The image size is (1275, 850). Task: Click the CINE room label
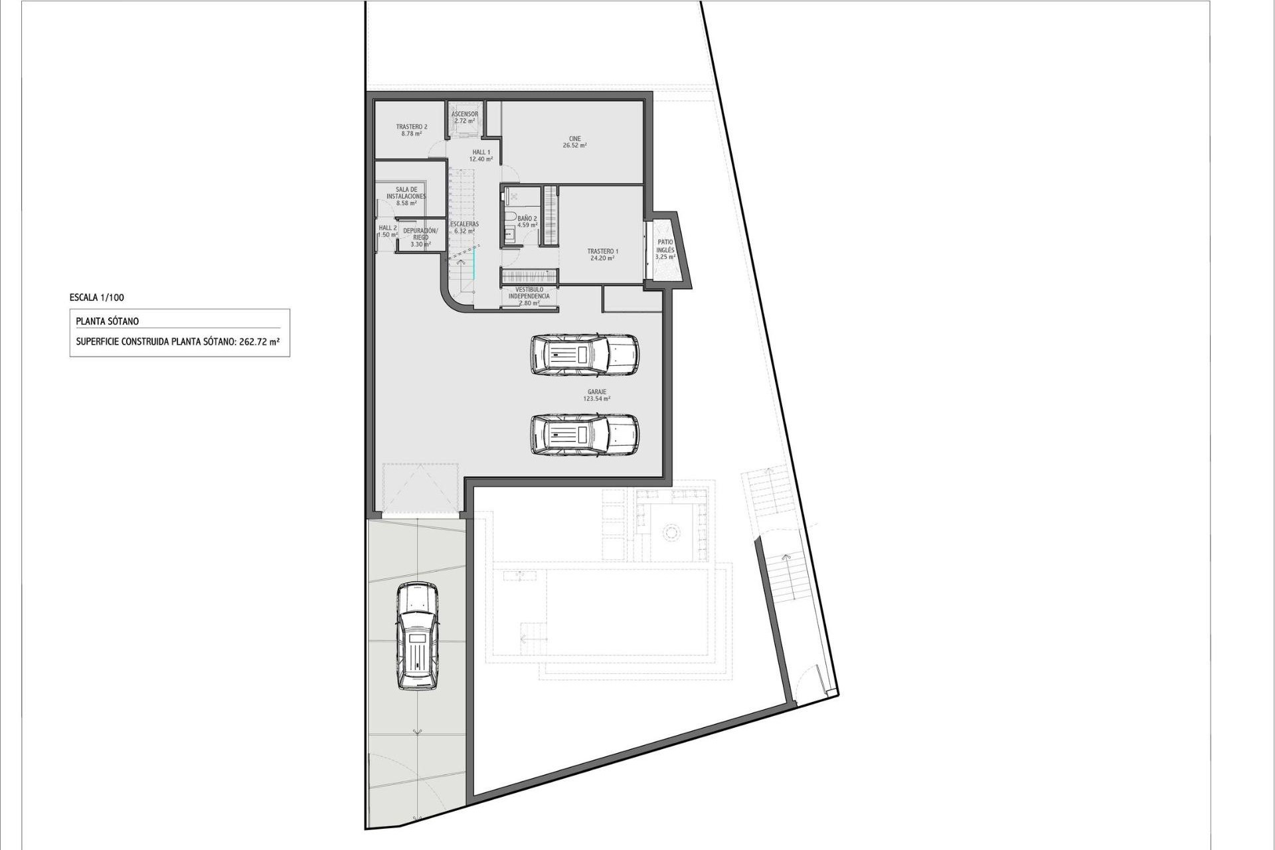coord(574,142)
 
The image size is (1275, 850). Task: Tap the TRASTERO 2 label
coord(411,130)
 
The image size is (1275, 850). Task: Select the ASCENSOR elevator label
coord(465,118)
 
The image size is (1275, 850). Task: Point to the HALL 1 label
coord(481,155)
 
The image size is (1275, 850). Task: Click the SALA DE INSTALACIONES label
coord(406,196)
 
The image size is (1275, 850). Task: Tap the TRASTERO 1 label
coord(602,254)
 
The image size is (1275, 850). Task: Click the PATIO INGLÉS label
coord(665,249)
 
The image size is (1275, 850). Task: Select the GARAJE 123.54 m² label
coord(596,395)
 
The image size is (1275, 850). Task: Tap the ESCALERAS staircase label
coord(464,227)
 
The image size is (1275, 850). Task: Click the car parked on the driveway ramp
coord(417,636)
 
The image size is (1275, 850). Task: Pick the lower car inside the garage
coord(584,435)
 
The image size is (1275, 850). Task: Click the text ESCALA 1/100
coord(96,298)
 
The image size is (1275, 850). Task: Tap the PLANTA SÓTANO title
coord(108,321)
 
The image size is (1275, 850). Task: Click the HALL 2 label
coord(388,230)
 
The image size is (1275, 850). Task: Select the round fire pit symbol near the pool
coord(671,532)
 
